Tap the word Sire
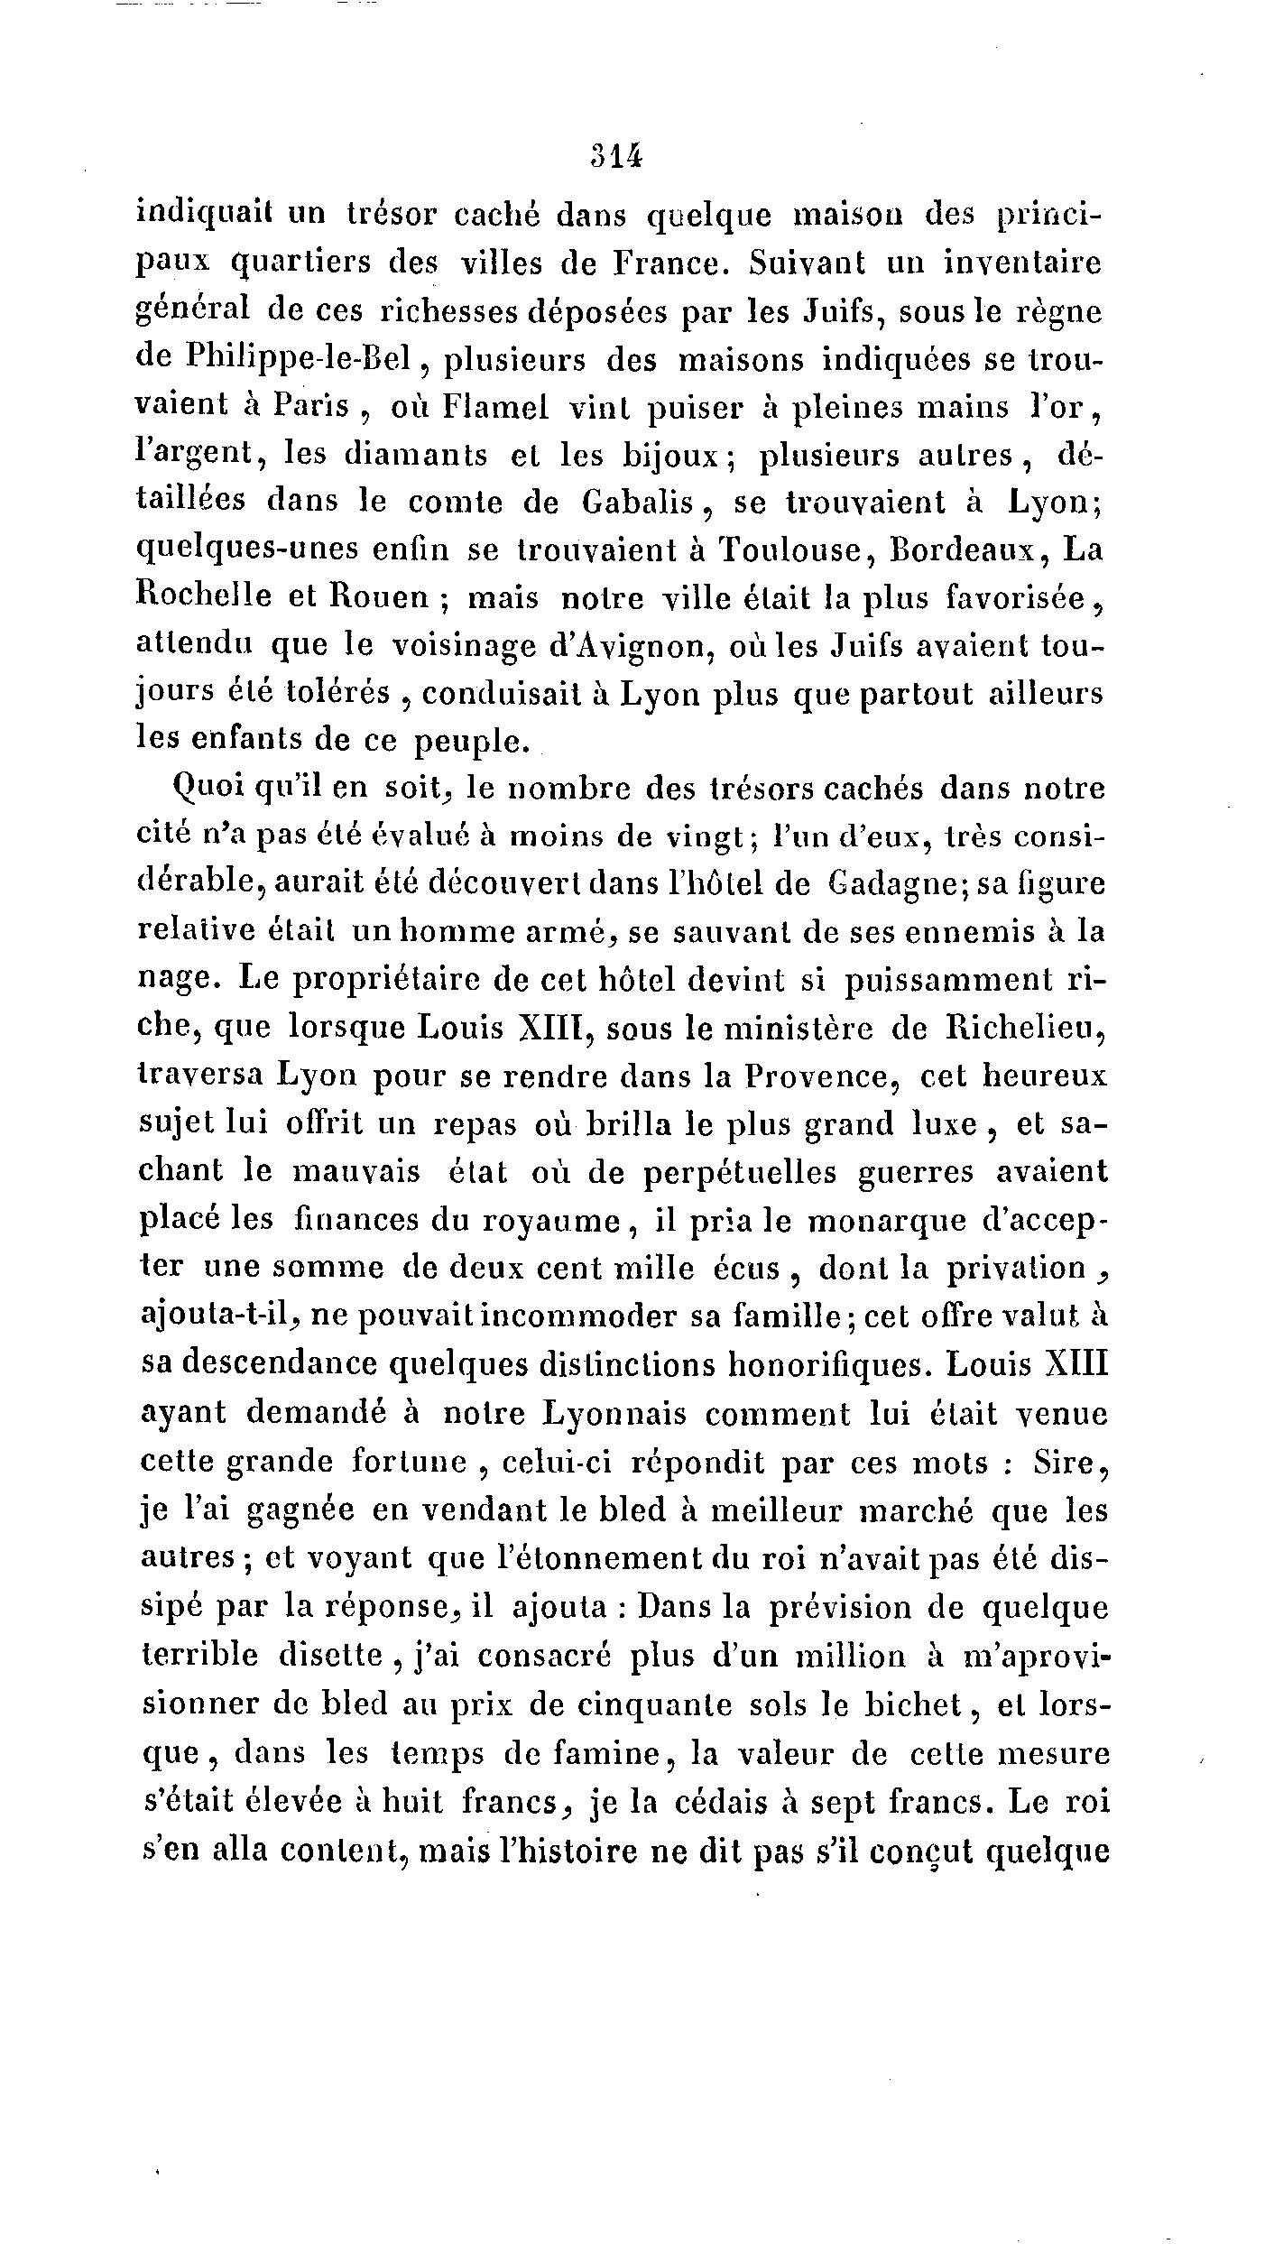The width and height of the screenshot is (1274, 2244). coord(1065,1460)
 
